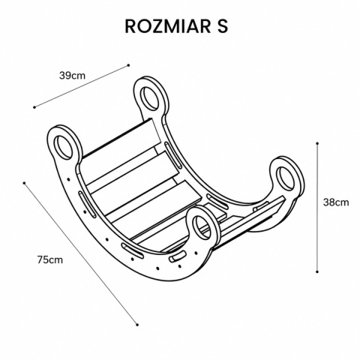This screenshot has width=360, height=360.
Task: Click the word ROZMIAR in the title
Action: [x=167, y=26]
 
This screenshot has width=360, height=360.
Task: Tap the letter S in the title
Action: [x=222, y=26]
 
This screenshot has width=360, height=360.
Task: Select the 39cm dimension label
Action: [x=72, y=75]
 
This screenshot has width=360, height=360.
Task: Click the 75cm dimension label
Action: [x=50, y=259]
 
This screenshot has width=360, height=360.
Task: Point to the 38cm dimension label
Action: [x=336, y=202]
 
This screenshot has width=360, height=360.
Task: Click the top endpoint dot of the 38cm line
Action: [x=317, y=143]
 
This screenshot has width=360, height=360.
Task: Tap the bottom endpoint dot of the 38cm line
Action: [x=317, y=271]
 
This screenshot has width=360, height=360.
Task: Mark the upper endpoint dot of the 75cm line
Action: [x=24, y=183]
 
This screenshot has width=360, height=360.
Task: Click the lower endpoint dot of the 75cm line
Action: [x=137, y=325]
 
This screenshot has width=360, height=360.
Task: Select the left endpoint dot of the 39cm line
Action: [x=34, y=107]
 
